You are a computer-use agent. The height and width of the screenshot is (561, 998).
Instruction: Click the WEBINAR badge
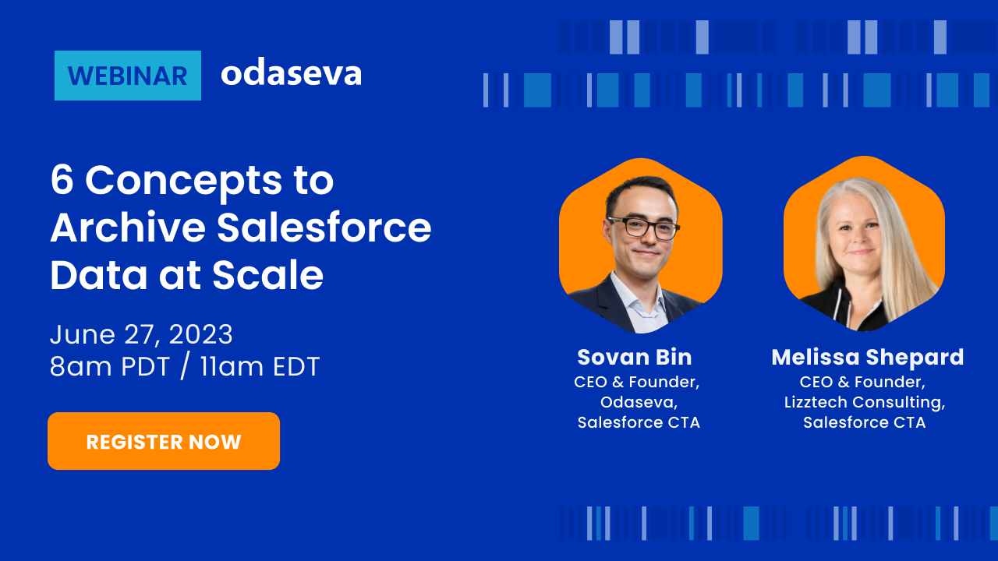(128, 76)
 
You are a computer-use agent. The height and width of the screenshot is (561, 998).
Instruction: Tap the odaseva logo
(292, 73)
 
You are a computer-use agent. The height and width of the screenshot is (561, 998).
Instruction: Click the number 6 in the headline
(62, 179)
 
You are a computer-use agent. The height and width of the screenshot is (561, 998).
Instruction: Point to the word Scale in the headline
(267, 275)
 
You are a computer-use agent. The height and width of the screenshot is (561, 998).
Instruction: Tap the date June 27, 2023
(141, 334)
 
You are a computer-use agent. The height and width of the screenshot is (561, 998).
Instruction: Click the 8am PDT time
(110, 366)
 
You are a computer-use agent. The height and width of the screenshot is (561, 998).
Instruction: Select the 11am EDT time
(260, 366)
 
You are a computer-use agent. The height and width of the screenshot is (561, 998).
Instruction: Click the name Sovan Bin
(635, 357)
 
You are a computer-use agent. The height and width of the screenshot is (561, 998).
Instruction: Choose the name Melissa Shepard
(868, 358)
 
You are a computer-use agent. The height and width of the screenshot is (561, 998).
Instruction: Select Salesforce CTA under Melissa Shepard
(865, 422)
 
